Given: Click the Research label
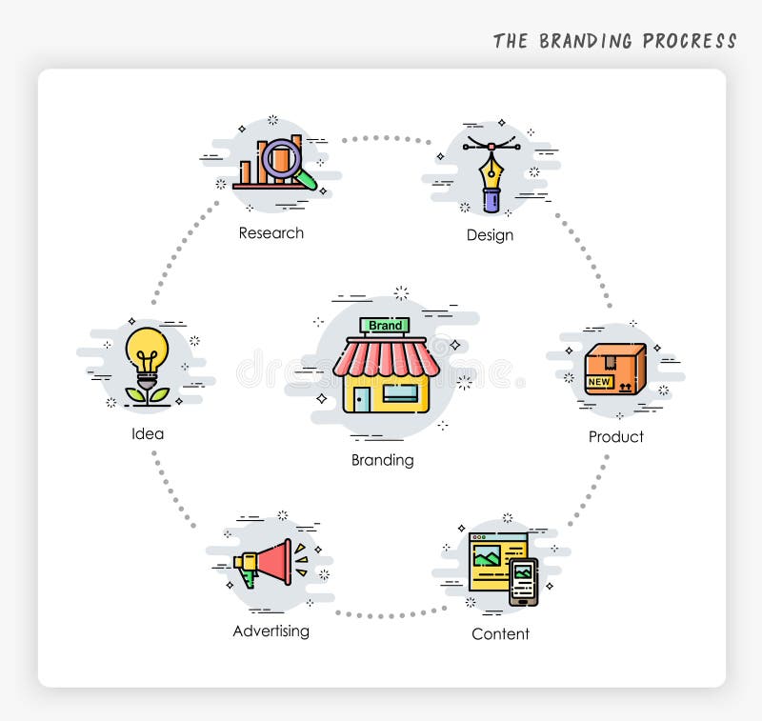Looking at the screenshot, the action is tap(271, 233).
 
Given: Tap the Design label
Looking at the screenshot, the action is tap(490, 235).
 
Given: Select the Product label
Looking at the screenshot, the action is tap(615, 437).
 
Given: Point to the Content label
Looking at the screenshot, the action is tap(500, 634).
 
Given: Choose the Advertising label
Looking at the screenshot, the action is tap(271, 631).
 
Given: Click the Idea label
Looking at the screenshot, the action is tap(148, 434).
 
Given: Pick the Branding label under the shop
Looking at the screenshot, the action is tap(383, 460).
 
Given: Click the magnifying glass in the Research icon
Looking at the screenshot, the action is tap(283, 159).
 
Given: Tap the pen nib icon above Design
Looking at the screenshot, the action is tap(491, 171).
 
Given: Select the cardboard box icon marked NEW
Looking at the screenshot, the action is tap(614, 370).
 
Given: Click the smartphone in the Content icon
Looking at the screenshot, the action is tap(523, 581).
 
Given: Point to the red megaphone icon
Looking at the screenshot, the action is tap(267, 563).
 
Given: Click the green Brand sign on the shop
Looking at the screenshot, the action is tap(385, 326).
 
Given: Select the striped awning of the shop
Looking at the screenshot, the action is tap(386, 358).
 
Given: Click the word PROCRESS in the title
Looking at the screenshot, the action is tap(689, 41).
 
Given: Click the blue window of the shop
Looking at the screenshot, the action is tap(400, 391).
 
